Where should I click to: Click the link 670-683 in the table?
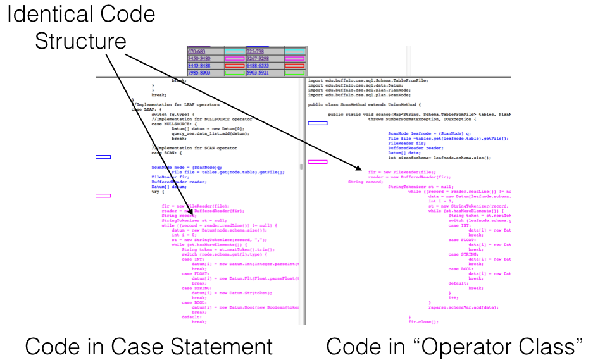197,51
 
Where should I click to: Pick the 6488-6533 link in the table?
258,65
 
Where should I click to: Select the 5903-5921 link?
258,73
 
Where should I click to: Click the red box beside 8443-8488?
234,65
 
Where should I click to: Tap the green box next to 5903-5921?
294,73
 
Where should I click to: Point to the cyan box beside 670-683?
234,51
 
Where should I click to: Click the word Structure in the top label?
80,42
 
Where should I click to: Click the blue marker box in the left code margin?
101,157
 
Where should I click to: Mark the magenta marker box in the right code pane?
317,162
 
